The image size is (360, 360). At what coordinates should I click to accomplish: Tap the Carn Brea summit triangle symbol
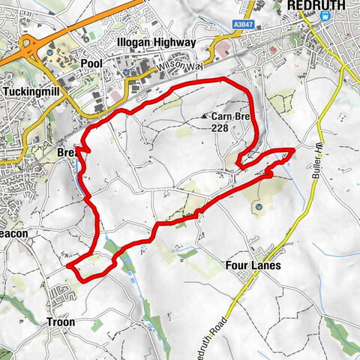click(205, 117)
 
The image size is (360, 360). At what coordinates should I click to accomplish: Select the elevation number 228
click(219, 128)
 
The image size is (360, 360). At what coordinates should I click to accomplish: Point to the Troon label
click(61, 322)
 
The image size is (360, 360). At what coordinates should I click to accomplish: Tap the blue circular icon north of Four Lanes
click(258, 207)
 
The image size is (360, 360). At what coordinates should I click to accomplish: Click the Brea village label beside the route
click(67, 152)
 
